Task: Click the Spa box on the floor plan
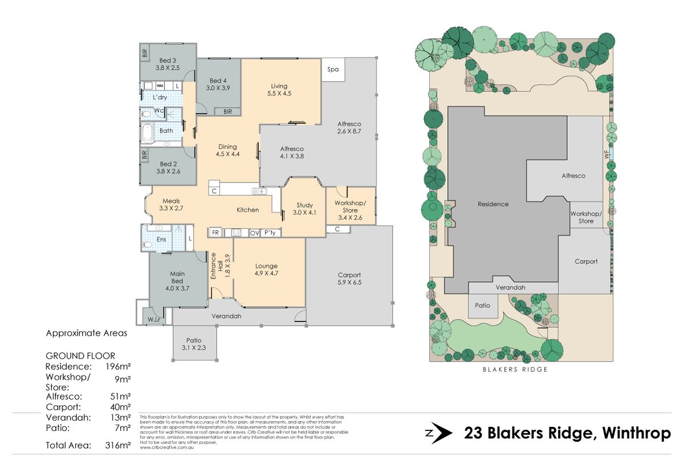332,70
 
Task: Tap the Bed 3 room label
168,64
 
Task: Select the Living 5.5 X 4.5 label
279,90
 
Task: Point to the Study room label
304,209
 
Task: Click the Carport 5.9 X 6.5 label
349,278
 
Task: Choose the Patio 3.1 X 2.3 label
194,344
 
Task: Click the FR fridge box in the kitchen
215,233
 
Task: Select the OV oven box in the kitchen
254,233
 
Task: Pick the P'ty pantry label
270,233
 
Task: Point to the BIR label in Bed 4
228,111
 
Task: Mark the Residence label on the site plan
492,204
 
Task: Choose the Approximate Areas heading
87,333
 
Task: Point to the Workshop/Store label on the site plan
585,217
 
